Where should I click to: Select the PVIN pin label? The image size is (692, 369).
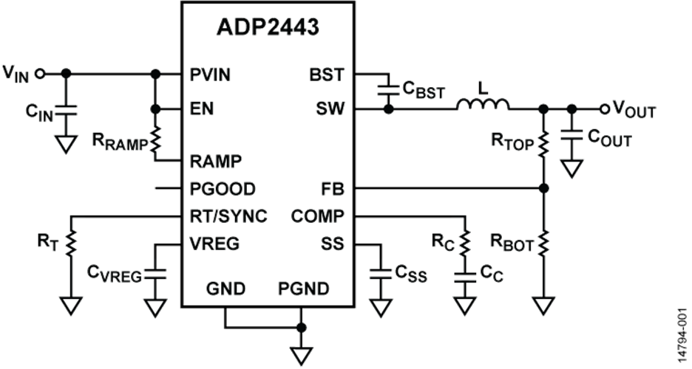coord(211,75)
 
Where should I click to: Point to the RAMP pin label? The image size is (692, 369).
coord(217,159)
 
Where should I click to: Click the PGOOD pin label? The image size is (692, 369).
coord(223,189)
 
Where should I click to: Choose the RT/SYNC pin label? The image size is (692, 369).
coord(228,216)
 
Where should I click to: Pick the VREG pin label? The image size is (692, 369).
coord(215,243)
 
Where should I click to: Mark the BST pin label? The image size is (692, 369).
coord(326,75)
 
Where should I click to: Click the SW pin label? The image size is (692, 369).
coord(328,110)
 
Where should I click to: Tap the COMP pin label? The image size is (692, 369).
coord(317,216)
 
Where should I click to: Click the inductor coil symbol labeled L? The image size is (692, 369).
coord(483,106)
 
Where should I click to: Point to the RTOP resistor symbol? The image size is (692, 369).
coord(544,143)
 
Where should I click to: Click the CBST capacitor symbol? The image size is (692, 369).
coord(385,89)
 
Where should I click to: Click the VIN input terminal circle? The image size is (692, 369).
coord(40,74)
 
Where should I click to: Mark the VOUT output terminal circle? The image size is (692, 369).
coord(604,109)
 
